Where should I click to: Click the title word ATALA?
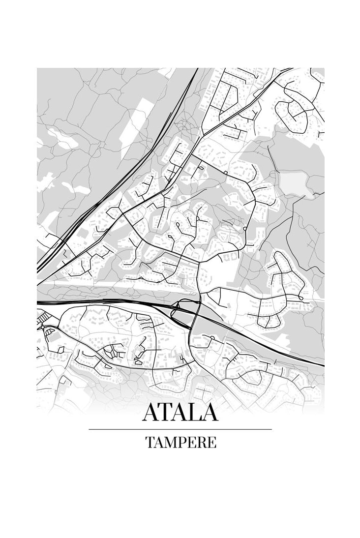click(180, 413)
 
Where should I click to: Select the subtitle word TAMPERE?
click(180, 442)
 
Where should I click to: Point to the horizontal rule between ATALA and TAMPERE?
click(180, 429)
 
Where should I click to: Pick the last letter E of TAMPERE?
click(211, 442)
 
